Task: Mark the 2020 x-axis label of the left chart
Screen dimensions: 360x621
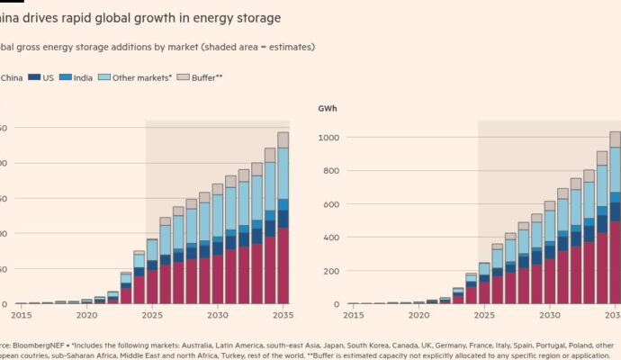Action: (86, 315)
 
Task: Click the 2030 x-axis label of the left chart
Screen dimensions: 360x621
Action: (218, 315)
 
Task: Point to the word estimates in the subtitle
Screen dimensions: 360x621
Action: (289, 47)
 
